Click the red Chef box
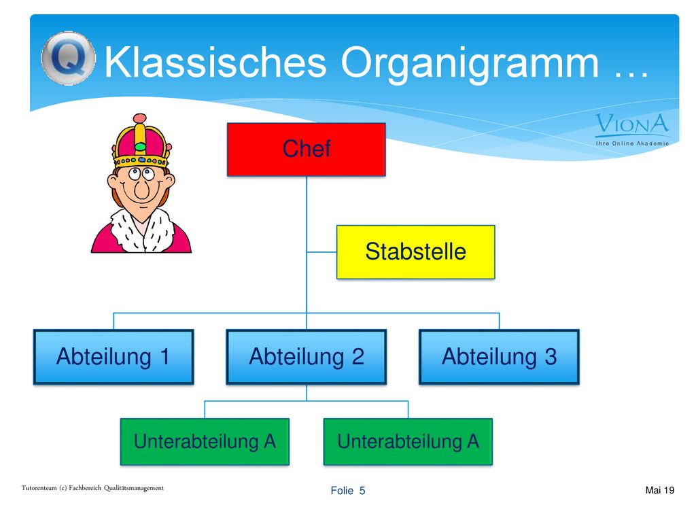307,150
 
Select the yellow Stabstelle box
415,251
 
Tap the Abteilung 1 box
114,356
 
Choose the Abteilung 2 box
307,356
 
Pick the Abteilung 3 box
499,356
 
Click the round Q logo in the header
69,58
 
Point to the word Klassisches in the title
215,62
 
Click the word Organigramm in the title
470,65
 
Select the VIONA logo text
632,124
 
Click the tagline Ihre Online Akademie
632,143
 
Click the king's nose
142,190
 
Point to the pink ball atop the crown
139,118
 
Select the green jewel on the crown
140,147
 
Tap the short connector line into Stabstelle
321,252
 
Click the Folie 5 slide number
347,491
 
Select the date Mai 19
659,490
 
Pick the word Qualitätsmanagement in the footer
134,488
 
